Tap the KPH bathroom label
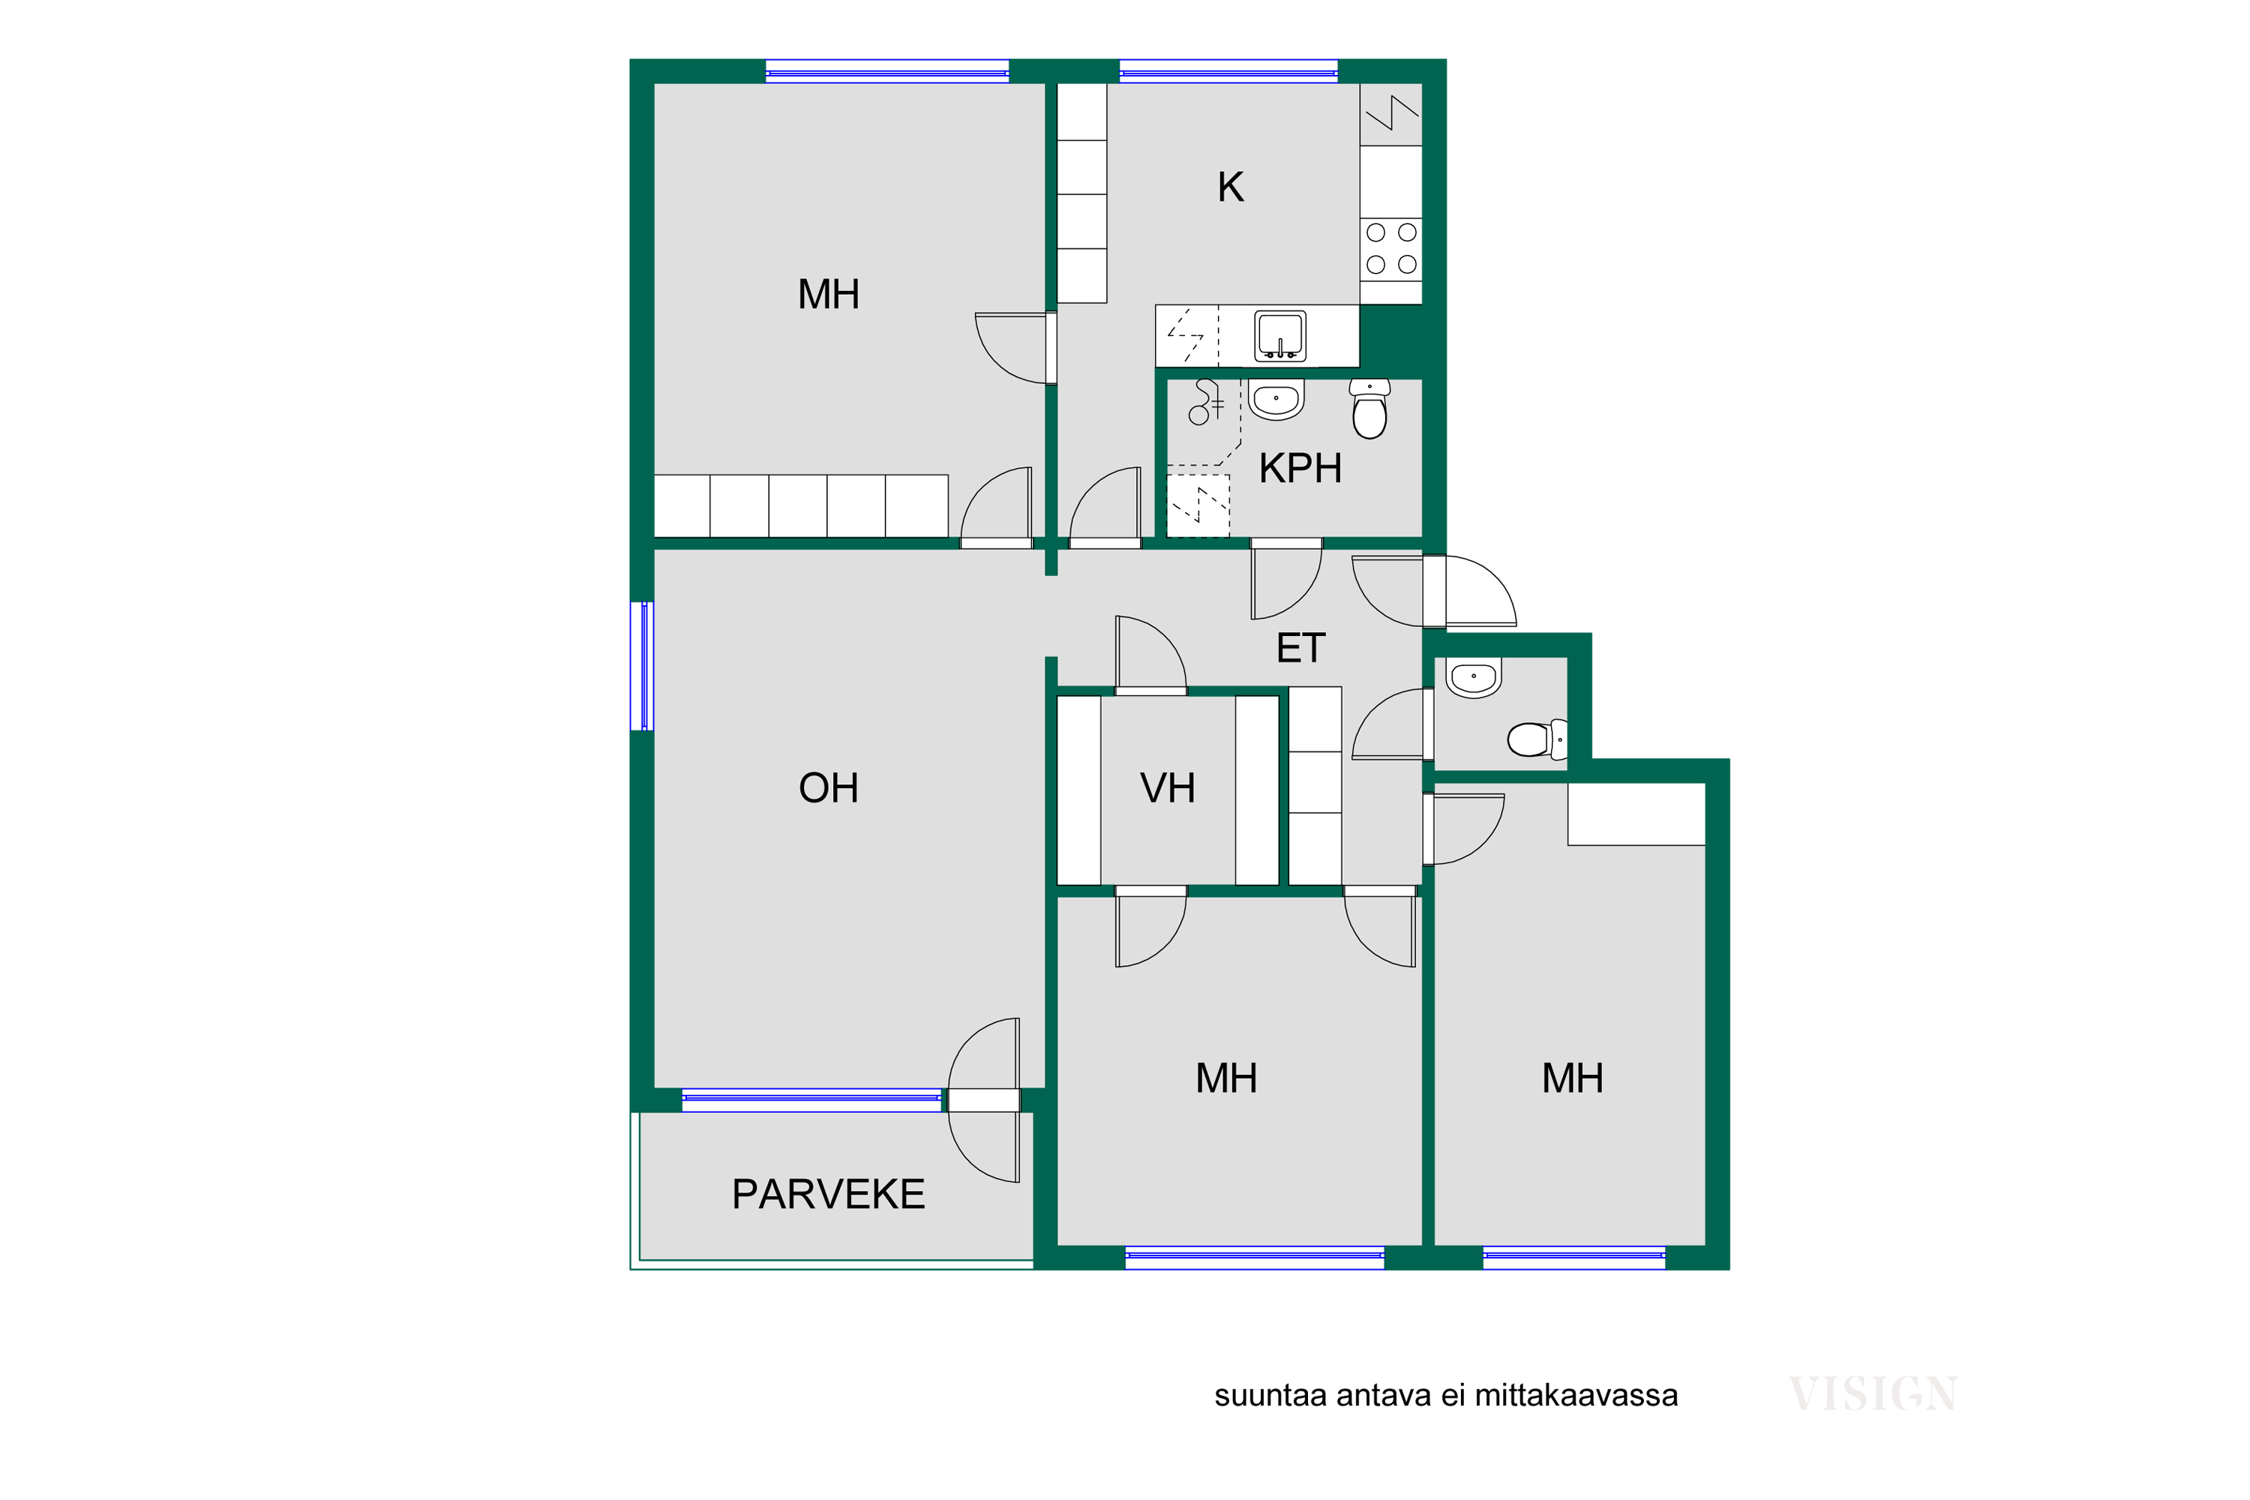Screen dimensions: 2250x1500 click(1300, 468)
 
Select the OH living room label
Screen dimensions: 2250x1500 click(829, 788)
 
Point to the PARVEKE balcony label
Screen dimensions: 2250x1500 click(829, 1194)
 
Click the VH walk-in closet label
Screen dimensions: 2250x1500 click(1168, 788)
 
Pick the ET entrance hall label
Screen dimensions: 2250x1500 click(1301, 649)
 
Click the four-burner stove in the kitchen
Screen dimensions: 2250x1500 click(1391, 249)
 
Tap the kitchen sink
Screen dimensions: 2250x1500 click(1280, 337)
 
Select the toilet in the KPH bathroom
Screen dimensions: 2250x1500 click(1370, 409)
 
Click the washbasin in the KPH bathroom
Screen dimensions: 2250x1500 click(1276, 399)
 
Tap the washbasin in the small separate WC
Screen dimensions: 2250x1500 click(1473, 677)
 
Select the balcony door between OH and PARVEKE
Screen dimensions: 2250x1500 click(984, 1100)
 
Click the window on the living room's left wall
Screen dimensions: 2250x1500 click(642, 666)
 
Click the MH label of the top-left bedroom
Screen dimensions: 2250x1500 click(829, 295)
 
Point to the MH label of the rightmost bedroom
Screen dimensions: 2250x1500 click(1573, 1078)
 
